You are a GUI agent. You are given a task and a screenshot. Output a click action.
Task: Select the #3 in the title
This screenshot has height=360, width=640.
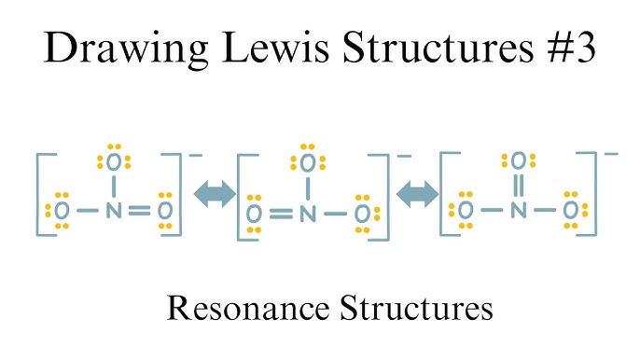coord(565,48)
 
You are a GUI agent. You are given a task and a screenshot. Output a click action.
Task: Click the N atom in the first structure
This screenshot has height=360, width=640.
coord(114,210)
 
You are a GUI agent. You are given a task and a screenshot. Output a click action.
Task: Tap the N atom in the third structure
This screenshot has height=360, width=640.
coord(519,211)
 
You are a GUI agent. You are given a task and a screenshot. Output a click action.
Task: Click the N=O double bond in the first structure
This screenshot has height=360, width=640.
coord(139,211)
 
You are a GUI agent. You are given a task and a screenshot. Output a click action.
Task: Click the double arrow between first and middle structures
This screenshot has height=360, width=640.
coord(213,193)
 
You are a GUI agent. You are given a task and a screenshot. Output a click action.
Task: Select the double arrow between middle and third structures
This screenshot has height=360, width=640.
coord(417,193)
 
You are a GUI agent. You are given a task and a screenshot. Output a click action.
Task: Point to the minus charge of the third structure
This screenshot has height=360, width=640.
coord(611,152)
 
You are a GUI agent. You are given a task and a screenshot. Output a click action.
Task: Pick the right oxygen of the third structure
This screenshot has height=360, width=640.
coord(570,211)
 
